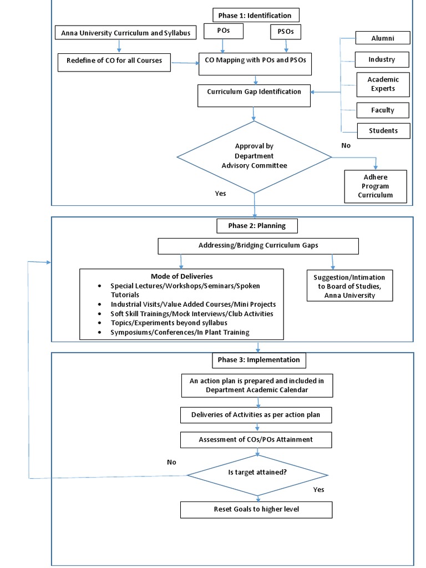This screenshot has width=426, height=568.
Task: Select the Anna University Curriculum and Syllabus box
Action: pos(125,33)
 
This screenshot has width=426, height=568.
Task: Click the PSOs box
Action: pos(286,32)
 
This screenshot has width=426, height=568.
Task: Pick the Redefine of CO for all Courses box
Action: pos(114,61)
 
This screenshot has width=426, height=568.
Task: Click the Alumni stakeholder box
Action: pos(383,38)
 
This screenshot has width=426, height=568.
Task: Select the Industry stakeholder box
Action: pos(383,59)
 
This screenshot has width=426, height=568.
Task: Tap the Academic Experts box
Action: pos(383,84)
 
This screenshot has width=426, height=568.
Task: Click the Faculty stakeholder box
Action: pos(383,110)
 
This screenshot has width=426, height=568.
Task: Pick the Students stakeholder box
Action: pos(383,131)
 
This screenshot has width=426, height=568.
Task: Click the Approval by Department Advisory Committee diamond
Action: pos(254,156)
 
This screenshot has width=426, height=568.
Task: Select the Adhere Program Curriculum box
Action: pos(376,186)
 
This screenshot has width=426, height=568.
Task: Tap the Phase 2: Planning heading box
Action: pos(256,226)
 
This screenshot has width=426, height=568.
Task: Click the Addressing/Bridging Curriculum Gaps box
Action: pos(258,246)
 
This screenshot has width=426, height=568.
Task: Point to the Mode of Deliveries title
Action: pos(181,276)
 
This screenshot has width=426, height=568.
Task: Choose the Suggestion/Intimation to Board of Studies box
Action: pos(349,286)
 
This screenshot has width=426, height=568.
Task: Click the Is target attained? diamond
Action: pos(257,473)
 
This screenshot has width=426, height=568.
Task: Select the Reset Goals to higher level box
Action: pos(256,509)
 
